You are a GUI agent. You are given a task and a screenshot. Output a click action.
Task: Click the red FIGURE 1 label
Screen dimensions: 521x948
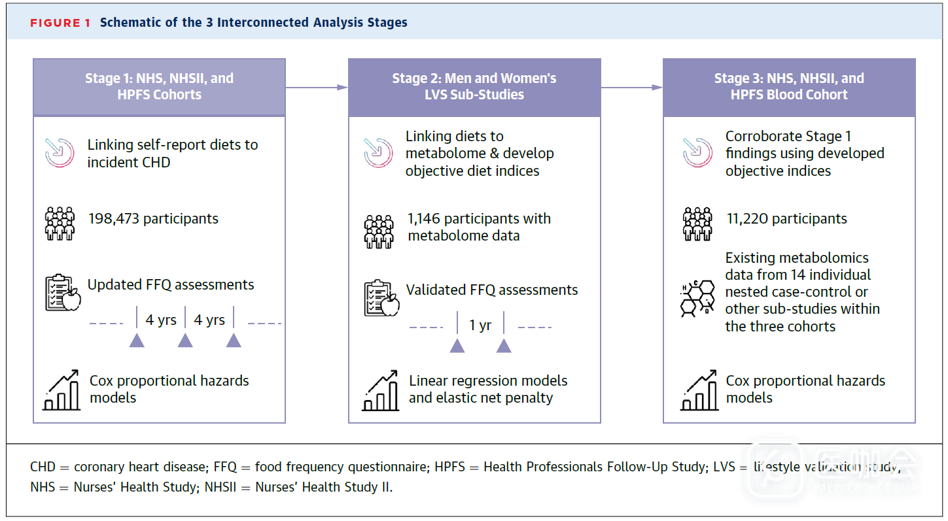pyautogui.click(x=60, y=23)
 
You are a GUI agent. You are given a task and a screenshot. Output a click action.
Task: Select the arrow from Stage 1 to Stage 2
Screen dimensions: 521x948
pyautogui.click(x=317, y=87)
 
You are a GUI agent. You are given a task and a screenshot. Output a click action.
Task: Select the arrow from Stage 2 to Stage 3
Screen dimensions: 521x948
pyautogui.click(x=631, y=87)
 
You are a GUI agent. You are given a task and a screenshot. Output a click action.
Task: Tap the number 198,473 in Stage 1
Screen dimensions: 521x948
pyautogui.click(x=114, y=218)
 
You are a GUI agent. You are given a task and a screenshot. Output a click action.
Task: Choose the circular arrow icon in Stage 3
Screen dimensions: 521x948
pyautogui.click(x=697, y=152)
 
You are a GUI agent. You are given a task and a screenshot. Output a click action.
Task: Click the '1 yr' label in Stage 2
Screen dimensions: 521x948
pyautogui.click(x=480, y=325)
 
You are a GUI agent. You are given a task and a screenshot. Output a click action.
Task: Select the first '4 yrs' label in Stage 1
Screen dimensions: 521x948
pyautogui.click(x=161, y=320)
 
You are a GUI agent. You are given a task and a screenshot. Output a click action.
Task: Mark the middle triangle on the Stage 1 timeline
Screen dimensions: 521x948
pyautogui.click(x=185, y=340)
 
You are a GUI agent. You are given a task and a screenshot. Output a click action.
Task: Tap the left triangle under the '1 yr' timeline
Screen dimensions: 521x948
pyautogui.click(x=457, y=345)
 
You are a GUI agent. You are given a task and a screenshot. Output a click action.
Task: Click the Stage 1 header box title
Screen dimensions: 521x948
pyautogui.click(x=159, y=86)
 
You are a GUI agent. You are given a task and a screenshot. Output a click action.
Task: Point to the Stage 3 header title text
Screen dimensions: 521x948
pyautogui.click(x=788, y=86)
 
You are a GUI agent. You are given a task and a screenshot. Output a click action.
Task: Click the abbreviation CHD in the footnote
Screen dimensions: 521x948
pyautogui.click(x=43, y=467)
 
